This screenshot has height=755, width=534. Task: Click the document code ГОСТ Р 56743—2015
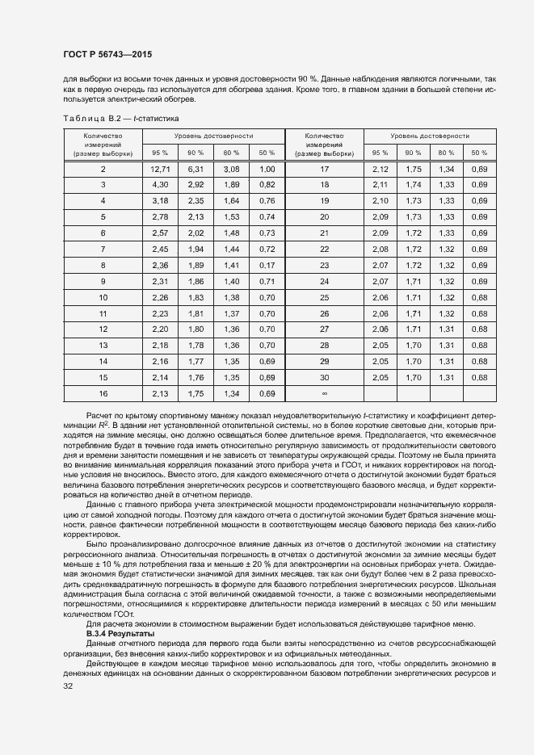point(107,53)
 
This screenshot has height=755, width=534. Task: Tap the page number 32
point(67,686)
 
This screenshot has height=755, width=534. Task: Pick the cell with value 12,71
point(160,169)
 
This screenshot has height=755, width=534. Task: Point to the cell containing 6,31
point(196,169)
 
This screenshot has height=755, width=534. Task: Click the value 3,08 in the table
point(231,169)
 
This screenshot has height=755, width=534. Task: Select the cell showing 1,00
point(267,169)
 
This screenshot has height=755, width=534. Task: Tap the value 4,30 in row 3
point(160,185)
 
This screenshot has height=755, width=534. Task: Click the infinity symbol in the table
point(324,394)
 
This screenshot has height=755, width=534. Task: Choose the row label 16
point(103,394)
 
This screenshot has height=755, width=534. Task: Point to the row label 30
point(324,378)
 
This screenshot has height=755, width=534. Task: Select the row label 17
point(324,169)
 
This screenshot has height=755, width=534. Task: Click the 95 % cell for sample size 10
point(160,297)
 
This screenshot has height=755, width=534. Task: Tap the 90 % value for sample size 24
point(414,281)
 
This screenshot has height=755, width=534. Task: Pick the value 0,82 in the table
point(267,185)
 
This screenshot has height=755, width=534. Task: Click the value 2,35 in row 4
point(196,201)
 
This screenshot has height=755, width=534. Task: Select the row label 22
point(324,249)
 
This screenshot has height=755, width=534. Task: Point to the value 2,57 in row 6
point(160,233)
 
